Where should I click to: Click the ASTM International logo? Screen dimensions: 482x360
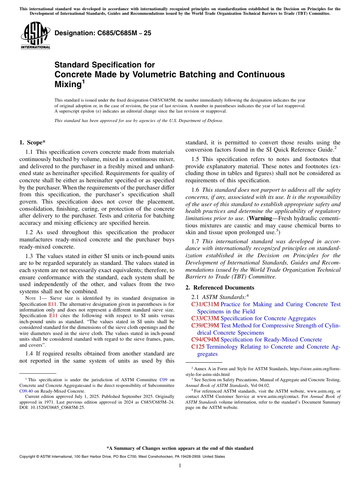point(35,36)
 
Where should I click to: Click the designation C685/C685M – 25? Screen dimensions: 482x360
point(103,33)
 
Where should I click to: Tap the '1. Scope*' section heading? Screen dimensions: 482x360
point(32,142)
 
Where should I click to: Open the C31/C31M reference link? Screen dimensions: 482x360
point(205,304)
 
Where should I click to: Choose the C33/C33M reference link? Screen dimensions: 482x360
point(205,318)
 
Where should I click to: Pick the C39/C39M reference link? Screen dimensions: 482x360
point(205,326)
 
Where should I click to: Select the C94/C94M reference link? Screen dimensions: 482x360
point(205,340)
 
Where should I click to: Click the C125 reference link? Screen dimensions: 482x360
point(198,347)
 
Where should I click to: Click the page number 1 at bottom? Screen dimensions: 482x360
point(180,466)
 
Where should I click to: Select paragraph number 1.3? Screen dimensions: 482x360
point(31,256)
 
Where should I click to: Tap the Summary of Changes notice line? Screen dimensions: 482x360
point(180,448)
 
